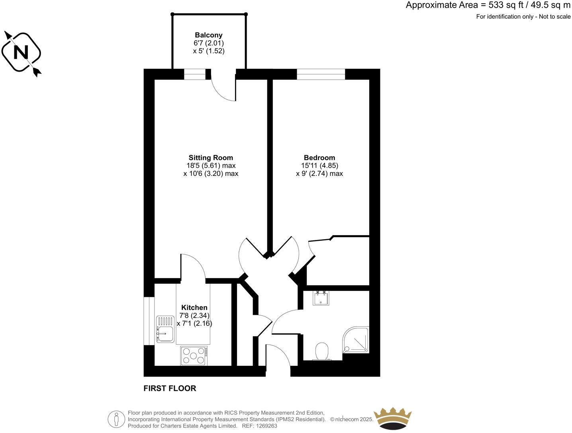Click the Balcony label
click(x=208, y=35)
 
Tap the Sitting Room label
click(x=211, y=158)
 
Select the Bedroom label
click(x=319, y=158)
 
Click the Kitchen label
click(x=194, y=308)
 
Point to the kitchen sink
click(x=165, y=329)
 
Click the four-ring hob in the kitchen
click(x=194, y=355)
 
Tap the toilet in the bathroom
click(x=322, y=351)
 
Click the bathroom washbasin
click(x=321, y=298)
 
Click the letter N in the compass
click(x=21, y=53)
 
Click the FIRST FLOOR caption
click(x=170, y=388)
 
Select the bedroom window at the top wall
click(x=321, y=74)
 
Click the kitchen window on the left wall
click(x=149, y=320)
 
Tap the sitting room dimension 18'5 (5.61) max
click(x=211, y=166)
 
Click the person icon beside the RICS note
click(x=116, y=419)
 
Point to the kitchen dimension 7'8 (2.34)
click(x=194, y=316)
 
